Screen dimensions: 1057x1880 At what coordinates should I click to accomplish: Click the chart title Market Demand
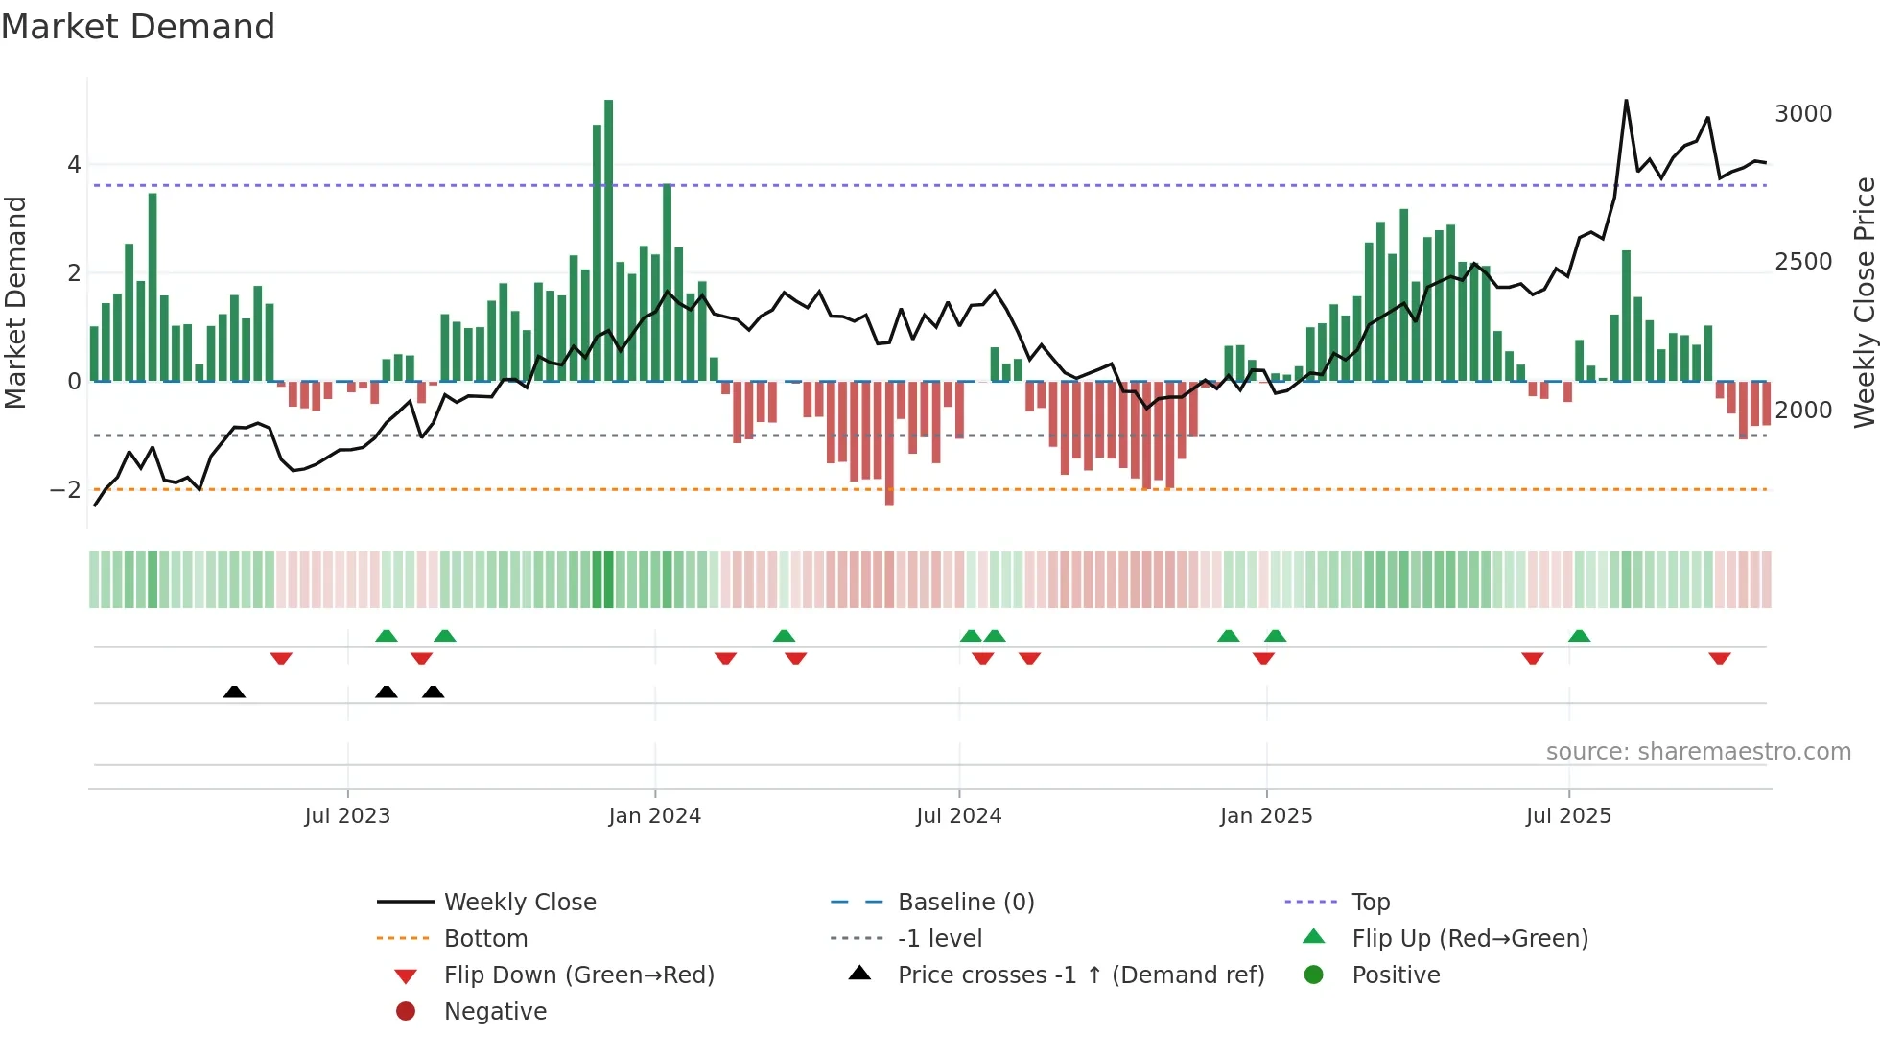138,27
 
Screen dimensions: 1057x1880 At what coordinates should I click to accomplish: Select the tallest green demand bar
608,240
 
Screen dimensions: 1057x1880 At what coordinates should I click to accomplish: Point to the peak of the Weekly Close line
1626,101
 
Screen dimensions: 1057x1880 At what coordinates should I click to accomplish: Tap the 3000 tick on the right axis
1802,114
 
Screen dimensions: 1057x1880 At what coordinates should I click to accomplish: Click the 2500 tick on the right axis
1802,262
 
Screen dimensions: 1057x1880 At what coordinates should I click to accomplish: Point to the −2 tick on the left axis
65,490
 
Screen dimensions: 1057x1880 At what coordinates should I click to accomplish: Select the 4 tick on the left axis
74,165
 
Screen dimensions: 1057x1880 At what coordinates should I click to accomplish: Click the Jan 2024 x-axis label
654,816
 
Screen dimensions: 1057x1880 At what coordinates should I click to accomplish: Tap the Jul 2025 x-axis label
1568,816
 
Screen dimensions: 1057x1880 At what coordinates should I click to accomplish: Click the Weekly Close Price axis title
1864,302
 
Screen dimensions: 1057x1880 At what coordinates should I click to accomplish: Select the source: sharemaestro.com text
1698,752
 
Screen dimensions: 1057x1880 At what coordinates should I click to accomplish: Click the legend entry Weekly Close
519,903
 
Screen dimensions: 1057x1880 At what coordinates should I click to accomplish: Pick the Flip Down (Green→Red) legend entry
578,975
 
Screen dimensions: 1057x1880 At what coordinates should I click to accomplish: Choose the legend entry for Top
1370,903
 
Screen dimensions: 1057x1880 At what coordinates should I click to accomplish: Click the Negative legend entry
495,1012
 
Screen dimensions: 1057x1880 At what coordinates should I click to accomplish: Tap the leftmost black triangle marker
234,692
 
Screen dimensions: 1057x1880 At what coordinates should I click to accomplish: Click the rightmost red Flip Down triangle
1719,659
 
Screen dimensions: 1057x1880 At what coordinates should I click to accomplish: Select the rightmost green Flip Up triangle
1579,636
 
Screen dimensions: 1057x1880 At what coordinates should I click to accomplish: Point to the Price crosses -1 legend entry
1080,975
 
